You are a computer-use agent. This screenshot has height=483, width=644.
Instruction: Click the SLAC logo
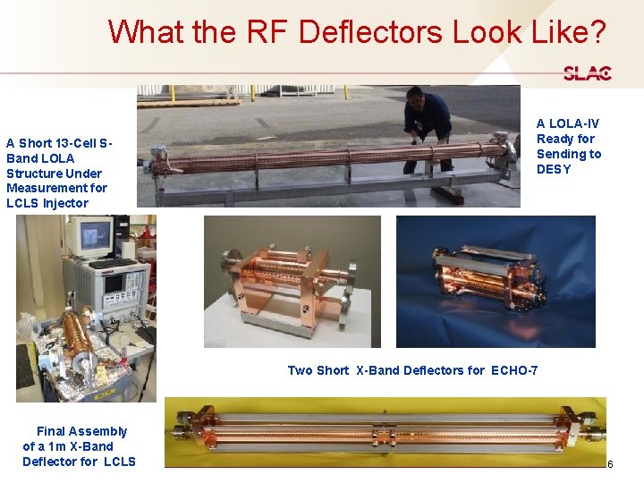587,73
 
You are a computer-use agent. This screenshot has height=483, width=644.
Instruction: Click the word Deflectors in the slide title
370,32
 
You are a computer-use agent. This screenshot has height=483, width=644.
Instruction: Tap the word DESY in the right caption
554,169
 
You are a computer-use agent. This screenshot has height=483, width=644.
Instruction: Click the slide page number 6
610,464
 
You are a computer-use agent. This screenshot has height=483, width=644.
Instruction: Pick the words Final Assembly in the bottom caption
81,431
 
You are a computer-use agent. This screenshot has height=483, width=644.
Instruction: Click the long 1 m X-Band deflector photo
385,431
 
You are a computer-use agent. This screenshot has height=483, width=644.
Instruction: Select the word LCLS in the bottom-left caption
119,462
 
